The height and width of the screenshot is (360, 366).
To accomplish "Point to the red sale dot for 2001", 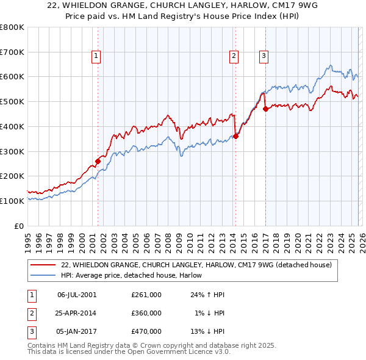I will click(x=98, y=161).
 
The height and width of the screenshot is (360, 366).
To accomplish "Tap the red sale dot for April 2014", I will click(x=235, y=136).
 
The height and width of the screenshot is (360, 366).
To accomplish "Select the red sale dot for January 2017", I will click(x=265, y=109).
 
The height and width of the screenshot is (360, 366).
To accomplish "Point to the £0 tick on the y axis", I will click(x=20, y=226).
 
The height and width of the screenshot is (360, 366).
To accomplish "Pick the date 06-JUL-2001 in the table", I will click(x=76, y=294).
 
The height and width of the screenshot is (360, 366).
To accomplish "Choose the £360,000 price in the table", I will click(x=146, y=313).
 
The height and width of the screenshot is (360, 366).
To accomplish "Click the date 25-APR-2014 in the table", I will click(x=76, y=313).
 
